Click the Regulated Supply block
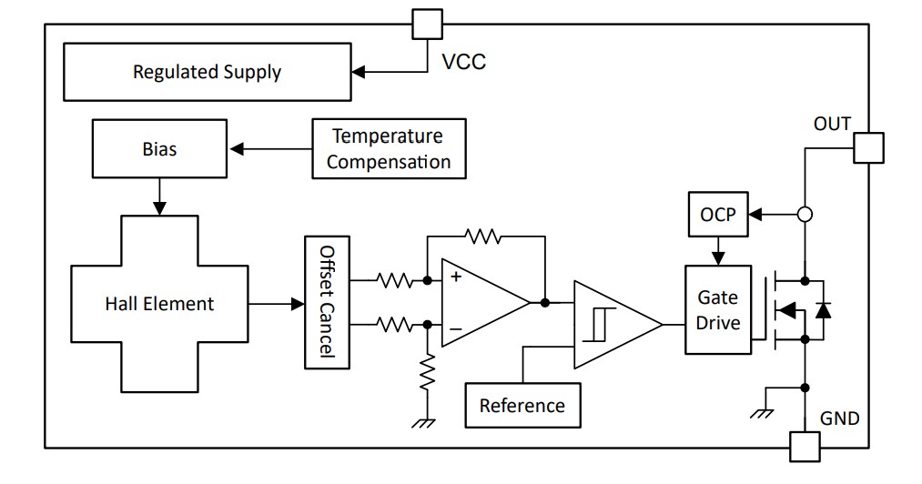[x=207, y=72]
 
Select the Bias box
[x=159, y=148]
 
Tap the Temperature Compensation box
[x=389, y=149]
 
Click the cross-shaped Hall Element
[x=159, y=304]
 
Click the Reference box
[x=522, y=405]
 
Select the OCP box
[x=717, y=216]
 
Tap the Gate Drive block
[x=718, y=309]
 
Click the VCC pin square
[x=428, y=24]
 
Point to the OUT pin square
[x=868, y=147]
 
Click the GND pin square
[x=804, y=447]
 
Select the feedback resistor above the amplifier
[x=482, y=237]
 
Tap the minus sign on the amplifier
[x=455, y=328]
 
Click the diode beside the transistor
[x=823, y=309]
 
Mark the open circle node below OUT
[x=805, y=216]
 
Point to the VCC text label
[x=464, y=62]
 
